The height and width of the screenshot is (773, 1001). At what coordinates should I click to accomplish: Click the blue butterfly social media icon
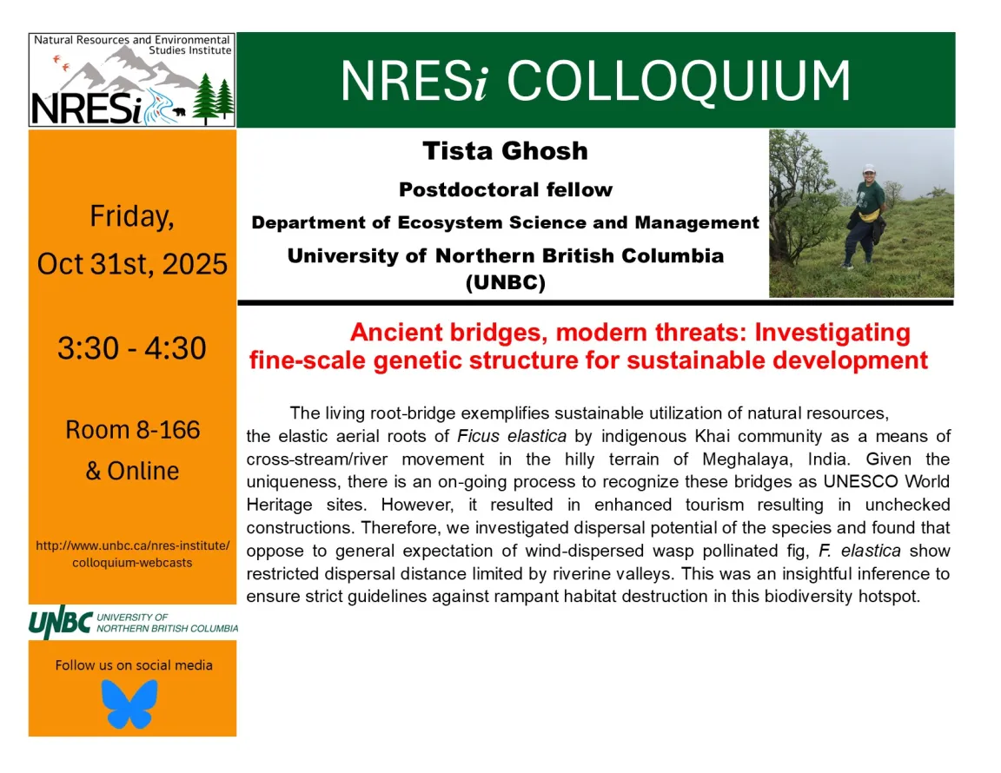point(129,704)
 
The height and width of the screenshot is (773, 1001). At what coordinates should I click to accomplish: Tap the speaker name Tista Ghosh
point(505,151)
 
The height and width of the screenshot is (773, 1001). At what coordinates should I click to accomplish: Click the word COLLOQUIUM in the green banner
point(679,82)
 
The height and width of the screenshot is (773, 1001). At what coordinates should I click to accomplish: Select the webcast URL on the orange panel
point(133,554)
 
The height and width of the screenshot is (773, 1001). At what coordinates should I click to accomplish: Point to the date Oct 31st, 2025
point(132,263)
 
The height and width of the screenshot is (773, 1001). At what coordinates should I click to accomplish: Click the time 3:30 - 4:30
point(132,348)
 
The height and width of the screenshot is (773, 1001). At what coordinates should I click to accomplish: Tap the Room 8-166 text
point(132,430)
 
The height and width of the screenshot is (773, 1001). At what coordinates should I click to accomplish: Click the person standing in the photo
point(865,214)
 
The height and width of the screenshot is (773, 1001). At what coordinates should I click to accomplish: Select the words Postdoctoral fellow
point(505,189)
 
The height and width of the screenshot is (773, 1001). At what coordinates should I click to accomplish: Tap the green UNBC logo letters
point(61,623)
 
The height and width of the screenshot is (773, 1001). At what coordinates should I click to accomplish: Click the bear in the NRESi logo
point(178,111)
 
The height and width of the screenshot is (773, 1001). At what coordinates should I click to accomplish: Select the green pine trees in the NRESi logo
point(213,98)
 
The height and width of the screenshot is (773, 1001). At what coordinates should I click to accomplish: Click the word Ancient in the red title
point(394,333)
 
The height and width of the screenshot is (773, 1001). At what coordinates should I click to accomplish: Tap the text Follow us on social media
point(134,665)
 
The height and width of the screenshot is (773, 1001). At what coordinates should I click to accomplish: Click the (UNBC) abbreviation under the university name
point(505,283)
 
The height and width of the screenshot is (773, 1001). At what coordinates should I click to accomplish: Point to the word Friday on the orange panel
point(132,217)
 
